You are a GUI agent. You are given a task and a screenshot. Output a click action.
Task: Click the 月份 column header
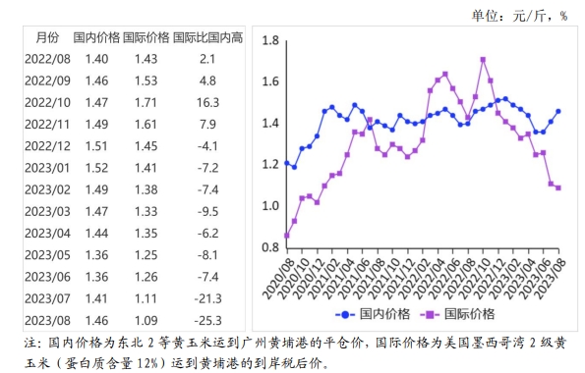point(46,39)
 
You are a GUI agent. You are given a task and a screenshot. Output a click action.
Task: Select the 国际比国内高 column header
point(206,39)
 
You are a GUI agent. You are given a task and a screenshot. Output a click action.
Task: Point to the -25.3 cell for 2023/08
point(206,321)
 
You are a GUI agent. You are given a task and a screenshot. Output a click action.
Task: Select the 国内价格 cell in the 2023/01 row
point(96,168)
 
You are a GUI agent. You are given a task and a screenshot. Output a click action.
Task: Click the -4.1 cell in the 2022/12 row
point(206,146)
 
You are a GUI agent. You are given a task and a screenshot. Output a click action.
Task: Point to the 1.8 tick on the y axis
point(270,41)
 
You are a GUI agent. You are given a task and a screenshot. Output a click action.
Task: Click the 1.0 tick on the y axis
point(270,206)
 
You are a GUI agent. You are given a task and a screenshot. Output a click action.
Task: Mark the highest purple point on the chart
point(484,59)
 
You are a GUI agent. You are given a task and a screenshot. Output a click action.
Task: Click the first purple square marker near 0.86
point(286,236)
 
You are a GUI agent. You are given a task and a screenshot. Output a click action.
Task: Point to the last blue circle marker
point(558,111)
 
